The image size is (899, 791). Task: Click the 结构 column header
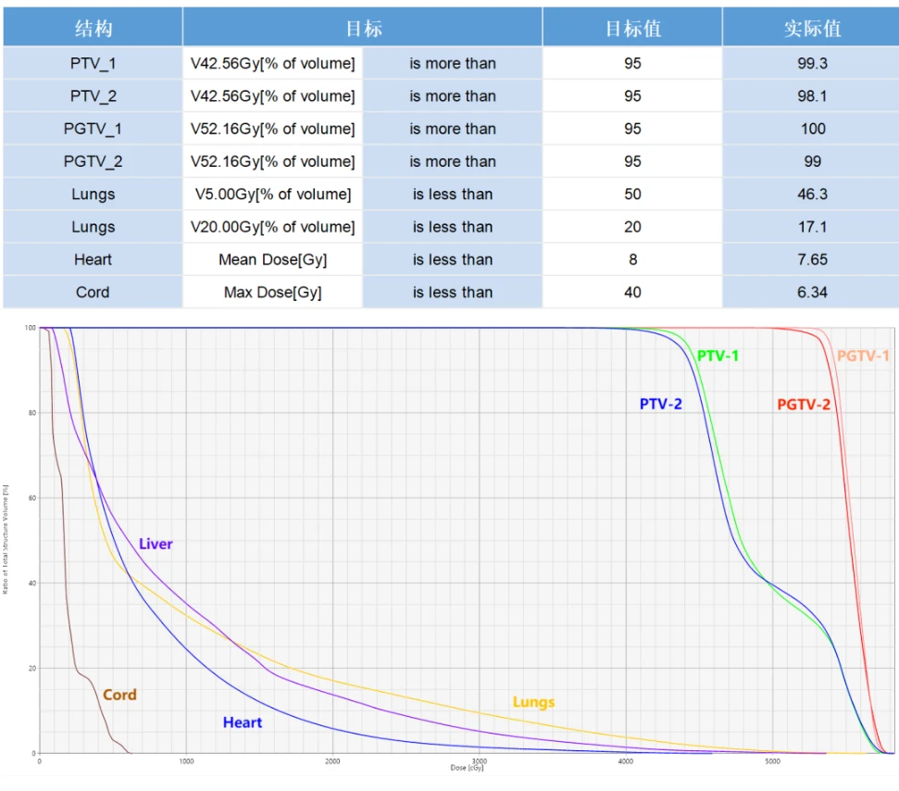(93, 29)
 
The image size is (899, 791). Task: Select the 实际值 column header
(812, 29)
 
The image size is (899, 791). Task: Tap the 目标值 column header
(632, 29)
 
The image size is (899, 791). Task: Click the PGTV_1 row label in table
(93, 129)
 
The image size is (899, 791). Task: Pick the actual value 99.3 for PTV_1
(813, 64)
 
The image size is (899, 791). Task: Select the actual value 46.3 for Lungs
(813, 195)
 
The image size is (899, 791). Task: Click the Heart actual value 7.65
(813, 259)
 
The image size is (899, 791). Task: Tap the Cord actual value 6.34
(813, 292)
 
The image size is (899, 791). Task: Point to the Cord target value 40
(632, 292)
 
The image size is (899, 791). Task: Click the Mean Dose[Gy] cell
(272, 259)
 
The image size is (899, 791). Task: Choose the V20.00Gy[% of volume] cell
(272, 227)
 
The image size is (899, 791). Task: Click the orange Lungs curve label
(533, 702)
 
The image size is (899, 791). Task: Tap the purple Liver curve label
(156, 544)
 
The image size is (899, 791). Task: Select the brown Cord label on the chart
(119, 695)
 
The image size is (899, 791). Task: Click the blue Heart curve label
(243, 722)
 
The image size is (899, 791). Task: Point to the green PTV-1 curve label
(718, 356)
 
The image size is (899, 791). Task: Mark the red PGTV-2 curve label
(804, 404)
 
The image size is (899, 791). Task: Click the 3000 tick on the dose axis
(479, 760)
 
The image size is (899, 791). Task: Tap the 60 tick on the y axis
(31, 498)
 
